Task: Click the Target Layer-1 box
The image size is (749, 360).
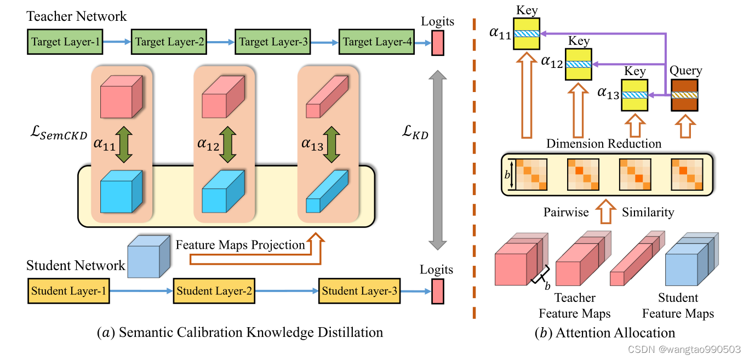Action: point(65,42)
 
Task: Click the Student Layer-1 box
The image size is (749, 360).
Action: point(68,291)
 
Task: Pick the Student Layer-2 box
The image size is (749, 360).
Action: point(214,291)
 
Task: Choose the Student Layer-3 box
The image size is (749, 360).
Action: point(359,291)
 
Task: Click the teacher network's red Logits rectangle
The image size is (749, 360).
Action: point(437,43)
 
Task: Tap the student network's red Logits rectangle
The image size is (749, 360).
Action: point(437,291)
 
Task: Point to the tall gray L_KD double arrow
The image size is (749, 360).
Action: point(437,159)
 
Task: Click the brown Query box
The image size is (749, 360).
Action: point(685,95)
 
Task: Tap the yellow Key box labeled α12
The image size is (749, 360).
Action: point(579,64)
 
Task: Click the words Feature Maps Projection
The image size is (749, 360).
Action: point(240,245)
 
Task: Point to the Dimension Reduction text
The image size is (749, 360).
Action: point(604,144)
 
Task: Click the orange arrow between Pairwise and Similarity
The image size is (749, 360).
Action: point(606,212)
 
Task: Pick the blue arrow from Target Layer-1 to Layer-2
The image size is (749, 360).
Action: point(117,42)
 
